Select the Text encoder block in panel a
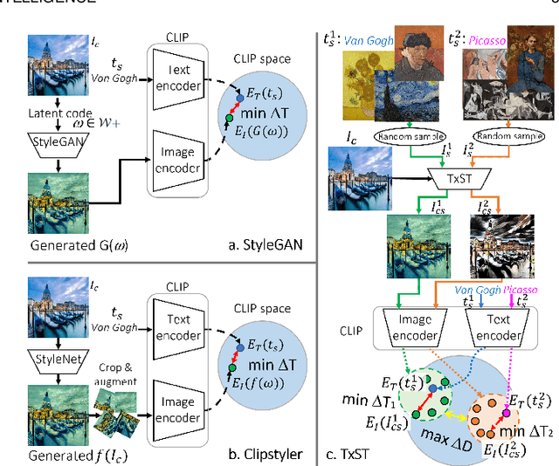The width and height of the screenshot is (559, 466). point(177,86)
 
